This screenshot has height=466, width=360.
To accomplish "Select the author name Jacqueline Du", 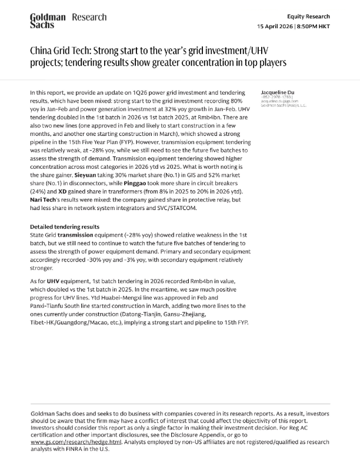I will pyautogui.click(x=278, y=93).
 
